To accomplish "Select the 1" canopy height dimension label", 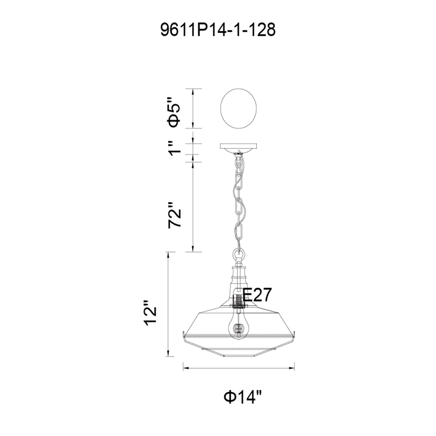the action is [175, 149].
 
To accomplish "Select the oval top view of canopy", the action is [238, 109].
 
